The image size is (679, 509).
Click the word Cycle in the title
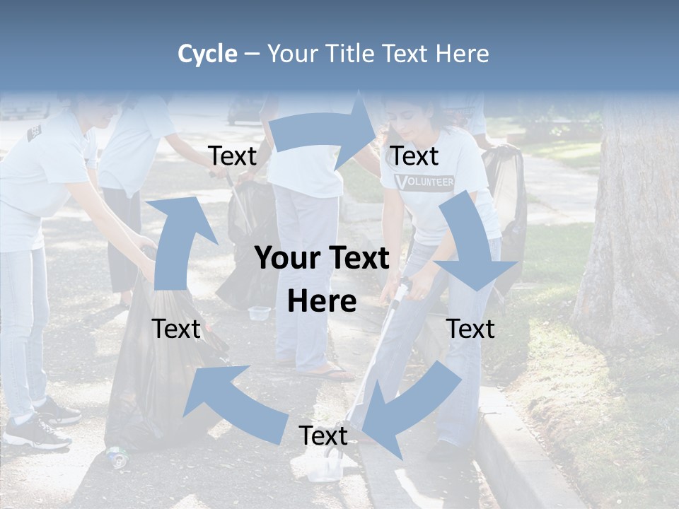(x=207, y=54)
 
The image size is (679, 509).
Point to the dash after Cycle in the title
(x=252, y=54)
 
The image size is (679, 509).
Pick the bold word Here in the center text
(x=322, y=302)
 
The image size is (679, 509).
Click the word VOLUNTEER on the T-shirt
(x=424, y=182)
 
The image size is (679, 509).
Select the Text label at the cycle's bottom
(x=323, y=435)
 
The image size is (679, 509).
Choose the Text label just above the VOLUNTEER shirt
(x=414, y=156)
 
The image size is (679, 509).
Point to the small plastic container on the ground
(x=259, y=312)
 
